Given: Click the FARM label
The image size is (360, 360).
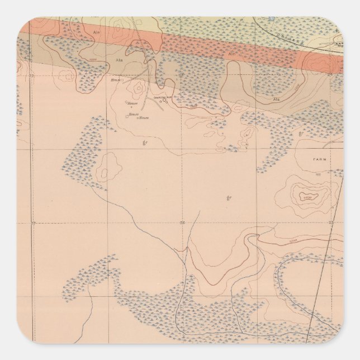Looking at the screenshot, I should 320,159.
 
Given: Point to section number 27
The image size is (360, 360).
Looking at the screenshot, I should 32,223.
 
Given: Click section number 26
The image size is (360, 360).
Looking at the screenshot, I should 182,223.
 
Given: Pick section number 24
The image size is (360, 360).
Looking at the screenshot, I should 329,74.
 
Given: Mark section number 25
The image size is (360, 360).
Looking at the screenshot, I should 330,222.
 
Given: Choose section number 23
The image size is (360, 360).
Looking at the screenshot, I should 181,74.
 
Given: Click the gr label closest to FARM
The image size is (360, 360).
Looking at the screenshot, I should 301,134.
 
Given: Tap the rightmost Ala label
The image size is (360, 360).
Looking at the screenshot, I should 276,99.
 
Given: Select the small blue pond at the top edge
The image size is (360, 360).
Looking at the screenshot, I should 272,19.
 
